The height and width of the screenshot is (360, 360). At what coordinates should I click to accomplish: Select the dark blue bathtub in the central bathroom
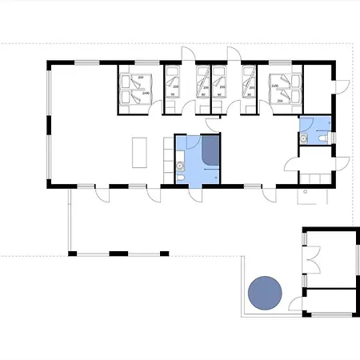211,150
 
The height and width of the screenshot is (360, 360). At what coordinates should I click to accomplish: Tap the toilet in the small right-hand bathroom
321,139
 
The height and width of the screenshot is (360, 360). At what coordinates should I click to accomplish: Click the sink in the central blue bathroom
182,167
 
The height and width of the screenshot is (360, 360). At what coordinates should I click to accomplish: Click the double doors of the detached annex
314,258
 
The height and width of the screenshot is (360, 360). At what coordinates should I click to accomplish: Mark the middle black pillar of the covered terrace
118,253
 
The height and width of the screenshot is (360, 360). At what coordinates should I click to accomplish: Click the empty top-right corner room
320,88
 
